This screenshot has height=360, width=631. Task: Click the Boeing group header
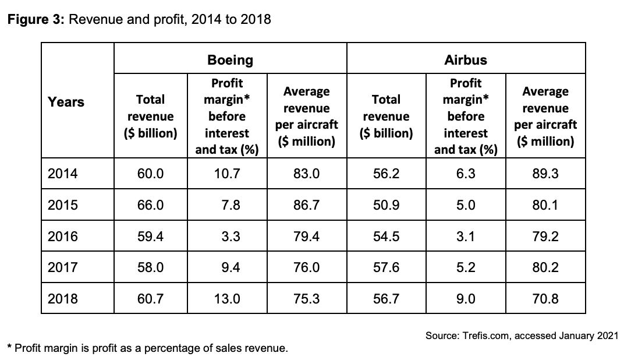click(230, 60)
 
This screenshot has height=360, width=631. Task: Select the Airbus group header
click(466, 60)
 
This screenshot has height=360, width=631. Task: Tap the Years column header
click(66, 102)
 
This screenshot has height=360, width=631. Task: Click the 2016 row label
click(62, 236)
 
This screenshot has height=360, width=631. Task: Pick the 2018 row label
click(62, 298)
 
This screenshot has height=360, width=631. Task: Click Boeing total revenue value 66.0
click(151, 205)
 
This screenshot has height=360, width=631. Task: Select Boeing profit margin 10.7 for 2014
click(227, 174)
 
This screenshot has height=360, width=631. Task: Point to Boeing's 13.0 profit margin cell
click(227, 298)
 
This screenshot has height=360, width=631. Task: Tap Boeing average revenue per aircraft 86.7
click(306, 205)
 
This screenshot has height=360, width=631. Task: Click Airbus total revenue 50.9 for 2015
click(386, 205)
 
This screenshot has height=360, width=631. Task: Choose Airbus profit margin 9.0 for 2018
click(466, 298)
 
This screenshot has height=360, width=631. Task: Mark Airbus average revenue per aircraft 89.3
click(545, 174)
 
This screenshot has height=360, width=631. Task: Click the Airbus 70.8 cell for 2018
click(545, 298)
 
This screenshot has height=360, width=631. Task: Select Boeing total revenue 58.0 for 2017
click(151, 267)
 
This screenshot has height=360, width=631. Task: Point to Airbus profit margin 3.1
click(466, 236)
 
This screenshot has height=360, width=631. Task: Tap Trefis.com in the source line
click(485, 336)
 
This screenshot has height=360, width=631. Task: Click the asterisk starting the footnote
click(10, 346)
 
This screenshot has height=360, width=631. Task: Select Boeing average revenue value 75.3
click(306, 298)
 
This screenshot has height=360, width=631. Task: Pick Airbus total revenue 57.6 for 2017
click(386, 267)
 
